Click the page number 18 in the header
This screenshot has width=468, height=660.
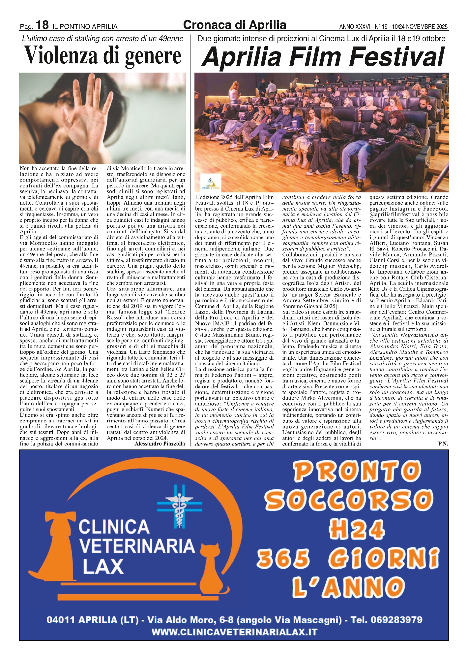tap(42, 25)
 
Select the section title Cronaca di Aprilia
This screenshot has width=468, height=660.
tap(234, 25)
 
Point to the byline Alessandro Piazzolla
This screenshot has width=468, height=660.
tap(160, 444)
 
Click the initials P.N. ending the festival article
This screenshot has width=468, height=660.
tap(443, 444)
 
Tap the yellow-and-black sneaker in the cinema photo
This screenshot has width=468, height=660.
tap(341, 180)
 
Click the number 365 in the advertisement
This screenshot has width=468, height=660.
tap(283, 558)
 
